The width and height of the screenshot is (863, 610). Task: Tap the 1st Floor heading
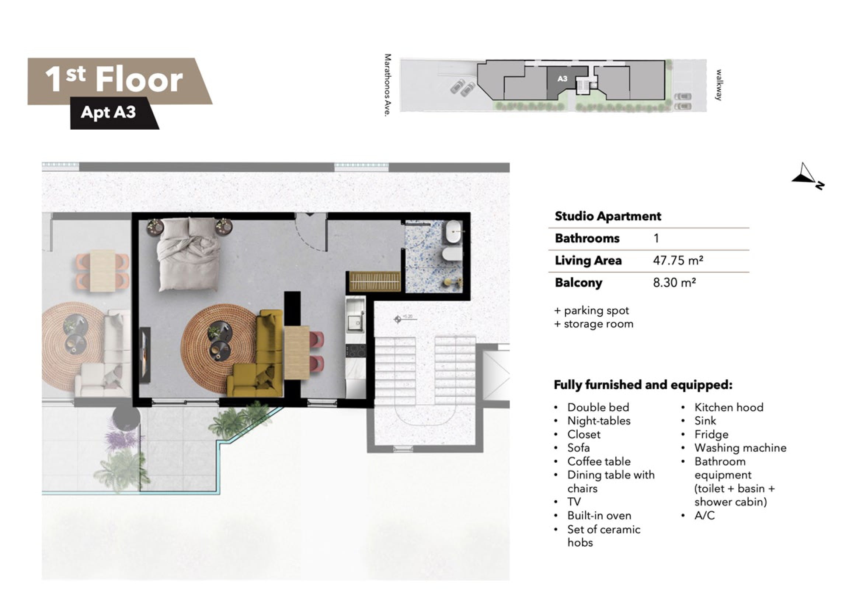click(x=114, y=80)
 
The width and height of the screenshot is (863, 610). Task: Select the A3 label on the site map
click(x=562, y=79)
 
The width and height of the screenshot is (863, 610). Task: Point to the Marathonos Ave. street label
click(x=388, y=85)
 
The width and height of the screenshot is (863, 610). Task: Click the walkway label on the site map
click(x=718, y=85)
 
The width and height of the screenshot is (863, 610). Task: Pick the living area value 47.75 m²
click(x=678, y=260)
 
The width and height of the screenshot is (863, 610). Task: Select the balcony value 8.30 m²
click(x=674, y=283)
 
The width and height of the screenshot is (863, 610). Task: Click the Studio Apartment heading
click(x=608, y=216)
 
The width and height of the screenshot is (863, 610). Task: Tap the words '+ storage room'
click(x=594, y=324)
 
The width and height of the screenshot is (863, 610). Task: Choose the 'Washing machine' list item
click(x=740, y=448)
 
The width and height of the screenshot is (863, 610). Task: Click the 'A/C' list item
click(x=704, y=515)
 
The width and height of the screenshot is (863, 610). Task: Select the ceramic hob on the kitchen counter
click(x=356, y=351)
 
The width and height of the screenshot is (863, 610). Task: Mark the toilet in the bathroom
click(x=452, y=254)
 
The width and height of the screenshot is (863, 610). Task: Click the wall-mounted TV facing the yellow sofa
click(x=146, y=355)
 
